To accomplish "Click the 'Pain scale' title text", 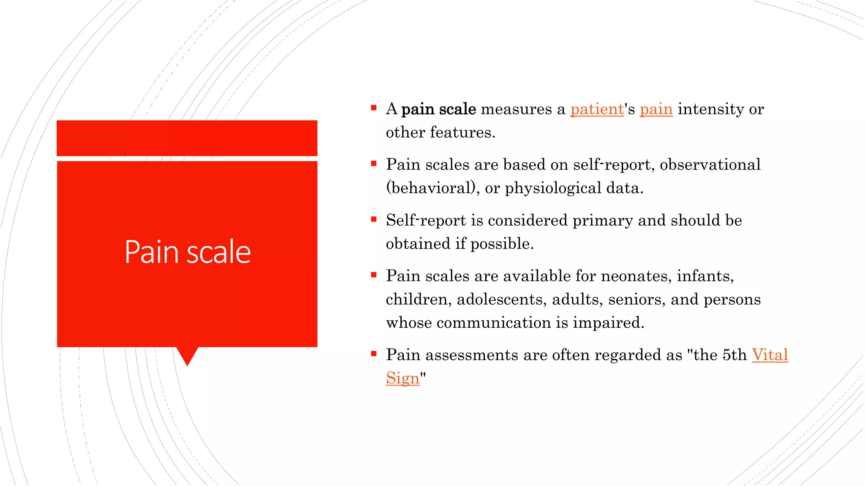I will pyautogui.click(x=188, y=252).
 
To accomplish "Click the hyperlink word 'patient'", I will pyautogui.click(x=597, y=109).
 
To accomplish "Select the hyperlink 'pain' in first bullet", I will pyautogui.click(x=656, y=109).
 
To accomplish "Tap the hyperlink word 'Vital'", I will pyautogui.click(x=770, y=355).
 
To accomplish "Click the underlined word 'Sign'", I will pyautogui.click(x=403, y=378).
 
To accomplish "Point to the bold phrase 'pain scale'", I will pyautogui.click(x=438, y=109).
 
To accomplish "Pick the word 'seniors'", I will pyautogui.click(x=637, y=300).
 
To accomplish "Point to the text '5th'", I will pyautogui.click(x=734, y=355).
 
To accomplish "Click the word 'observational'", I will pyautogui.click(x=710, y=165).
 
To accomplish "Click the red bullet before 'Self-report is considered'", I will pyautogui.click(x=374, y=219).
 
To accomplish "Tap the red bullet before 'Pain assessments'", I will pyautogui.click(x=374, y=354).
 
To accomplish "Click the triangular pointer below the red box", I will pyautogui.click(x=187, y=355).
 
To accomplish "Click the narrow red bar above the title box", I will pyautogui.click(x=187, y=138).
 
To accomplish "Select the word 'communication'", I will pyautogui.click(x=493, y=323).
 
